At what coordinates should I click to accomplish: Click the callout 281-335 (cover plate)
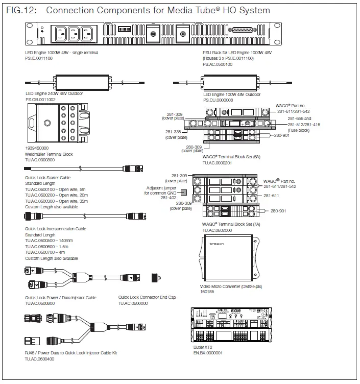(x=176, y=134)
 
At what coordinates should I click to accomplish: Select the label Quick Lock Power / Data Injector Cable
(x=61, y=297)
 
